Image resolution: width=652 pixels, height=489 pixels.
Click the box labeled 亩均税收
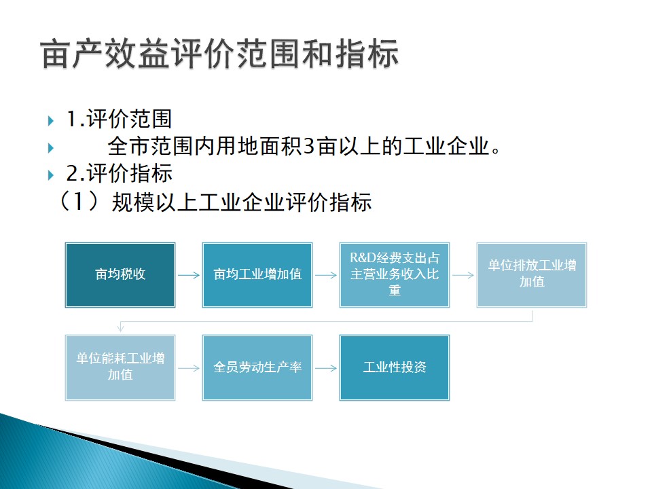pyautogui.click(x=120, y=275)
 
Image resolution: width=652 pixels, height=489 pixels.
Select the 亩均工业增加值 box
pyautogui.click(x=257, y=275)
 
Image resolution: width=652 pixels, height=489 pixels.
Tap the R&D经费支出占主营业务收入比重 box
pyautogui.click(x=395, y=275)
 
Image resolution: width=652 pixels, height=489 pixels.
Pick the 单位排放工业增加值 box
pyautogui.click(x=532, y=275)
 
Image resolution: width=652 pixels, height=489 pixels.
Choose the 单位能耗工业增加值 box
pyautogui.click(x=120, y=367)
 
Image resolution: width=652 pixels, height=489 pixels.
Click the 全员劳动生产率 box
pyautogui.click(x=257, y=367)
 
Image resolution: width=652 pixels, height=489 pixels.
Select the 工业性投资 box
pyautogui.click(x=395, y=367)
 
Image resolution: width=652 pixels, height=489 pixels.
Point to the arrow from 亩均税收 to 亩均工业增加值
pyautogui.click(x=189, y=275)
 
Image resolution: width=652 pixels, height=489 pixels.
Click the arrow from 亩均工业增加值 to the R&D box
pyautogui.click(x=326, y=275)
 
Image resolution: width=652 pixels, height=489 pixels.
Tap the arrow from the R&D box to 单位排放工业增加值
pyautogui.click(x=463, y=275)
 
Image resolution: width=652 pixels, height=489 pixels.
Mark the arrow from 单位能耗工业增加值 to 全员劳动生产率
pyautogui.click(x=189, y=368)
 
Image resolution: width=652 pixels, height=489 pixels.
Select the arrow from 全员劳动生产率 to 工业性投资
pyautogui.click(x=326, y=368)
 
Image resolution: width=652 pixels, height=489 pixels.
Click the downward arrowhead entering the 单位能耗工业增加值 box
pyautogui.click(x=120, y=329)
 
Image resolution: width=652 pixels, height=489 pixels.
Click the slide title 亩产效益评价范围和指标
pyautogui.click(x=219, y=54)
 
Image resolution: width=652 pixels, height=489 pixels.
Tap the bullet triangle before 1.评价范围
pyautogui.click(x=51, y=121)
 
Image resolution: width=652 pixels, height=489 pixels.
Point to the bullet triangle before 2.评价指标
pyautogui.click(x=51, y=175)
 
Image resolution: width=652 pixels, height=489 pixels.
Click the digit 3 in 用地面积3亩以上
pyautogui.click(x=308, y=147)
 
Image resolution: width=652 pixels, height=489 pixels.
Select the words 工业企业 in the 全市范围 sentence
pyautogui.click(x=446, y=147)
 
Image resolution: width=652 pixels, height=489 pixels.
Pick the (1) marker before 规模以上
pyautogui.click(x=79, y=202)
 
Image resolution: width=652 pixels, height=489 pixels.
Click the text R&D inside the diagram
pyautogui.click(x=363, y=258)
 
